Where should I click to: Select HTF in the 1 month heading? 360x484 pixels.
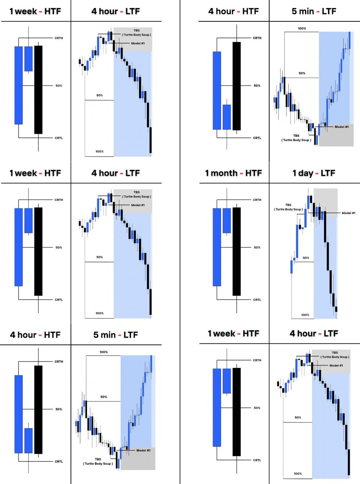[253, 173]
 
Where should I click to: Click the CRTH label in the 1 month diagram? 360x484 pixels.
[257, 200]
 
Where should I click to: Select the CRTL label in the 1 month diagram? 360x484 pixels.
[257, 300]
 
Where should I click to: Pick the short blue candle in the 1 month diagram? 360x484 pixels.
[227, 220]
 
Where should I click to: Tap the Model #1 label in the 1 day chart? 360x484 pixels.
[348, 213]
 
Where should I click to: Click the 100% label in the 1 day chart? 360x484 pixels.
[305, 315]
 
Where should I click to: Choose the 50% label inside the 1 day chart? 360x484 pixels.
[306, 258]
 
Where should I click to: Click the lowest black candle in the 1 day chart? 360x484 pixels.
[336, 310]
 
